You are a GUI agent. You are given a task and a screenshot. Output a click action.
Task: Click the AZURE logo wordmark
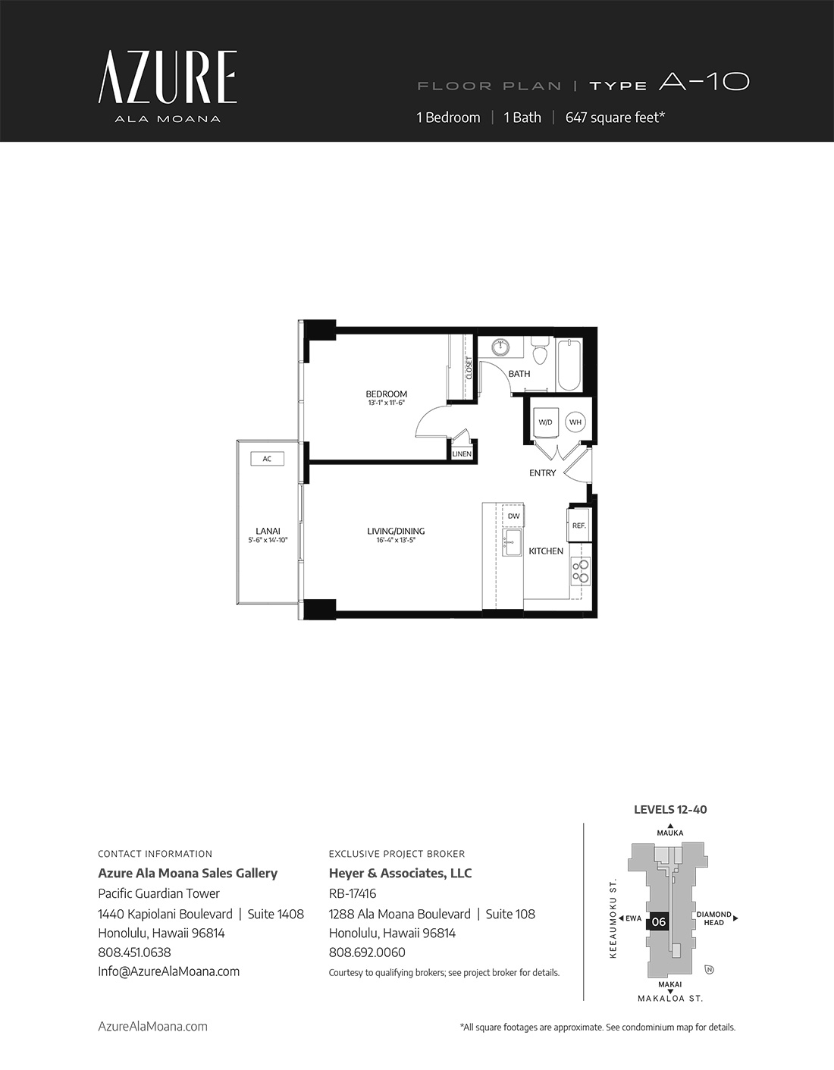point(168,77)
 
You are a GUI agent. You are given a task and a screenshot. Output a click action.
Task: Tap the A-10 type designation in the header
point(704,82)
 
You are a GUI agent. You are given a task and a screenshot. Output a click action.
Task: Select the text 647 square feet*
point(615,118)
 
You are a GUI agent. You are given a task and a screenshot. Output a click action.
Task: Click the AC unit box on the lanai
point(267,459)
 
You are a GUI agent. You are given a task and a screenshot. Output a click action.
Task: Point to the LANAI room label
point(268,531)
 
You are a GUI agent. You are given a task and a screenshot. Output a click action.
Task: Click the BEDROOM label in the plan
point(387,394)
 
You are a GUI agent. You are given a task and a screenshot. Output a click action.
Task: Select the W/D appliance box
point(545,422)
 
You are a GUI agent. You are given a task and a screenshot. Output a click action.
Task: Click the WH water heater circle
point(575,422)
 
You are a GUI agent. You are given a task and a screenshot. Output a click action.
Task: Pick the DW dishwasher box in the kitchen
point(513,516)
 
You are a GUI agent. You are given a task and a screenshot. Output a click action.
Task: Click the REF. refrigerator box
point(579,526)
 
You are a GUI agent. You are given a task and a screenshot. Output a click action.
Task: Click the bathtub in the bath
point(569,365)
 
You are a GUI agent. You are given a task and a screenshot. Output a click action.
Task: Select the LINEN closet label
point(462,454)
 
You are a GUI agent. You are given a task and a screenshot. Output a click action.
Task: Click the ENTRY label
point(543,472)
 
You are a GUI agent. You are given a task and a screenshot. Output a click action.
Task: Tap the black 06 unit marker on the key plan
point(659,922)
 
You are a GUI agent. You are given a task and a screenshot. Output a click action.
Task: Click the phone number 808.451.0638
point(134,952)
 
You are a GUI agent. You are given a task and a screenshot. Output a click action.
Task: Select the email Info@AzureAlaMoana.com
point(169,971)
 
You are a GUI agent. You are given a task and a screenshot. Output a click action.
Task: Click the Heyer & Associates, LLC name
point(400,873)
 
